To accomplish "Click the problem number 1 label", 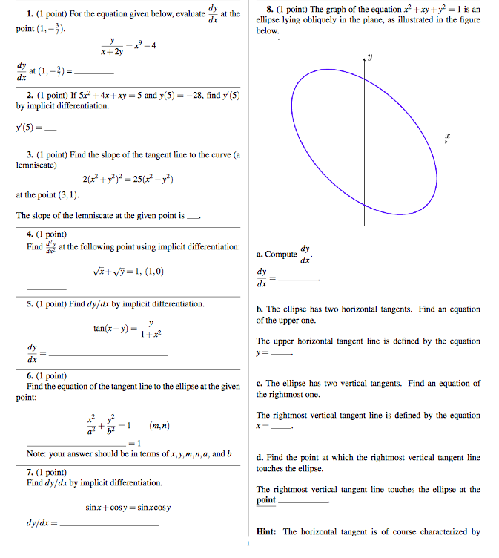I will pyautogui.click(x=29, y=15).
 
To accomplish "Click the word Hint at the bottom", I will pyautogui.click(x=266, y=531).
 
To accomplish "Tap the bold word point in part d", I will pyautogui.click(x=266, y=500).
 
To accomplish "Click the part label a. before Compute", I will pyautogui.click(x=260, y=255).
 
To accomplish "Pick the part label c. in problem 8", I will pyautogui.click(x=260, y=384).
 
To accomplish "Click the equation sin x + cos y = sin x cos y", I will pyautogui.click(x=128, y=508).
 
